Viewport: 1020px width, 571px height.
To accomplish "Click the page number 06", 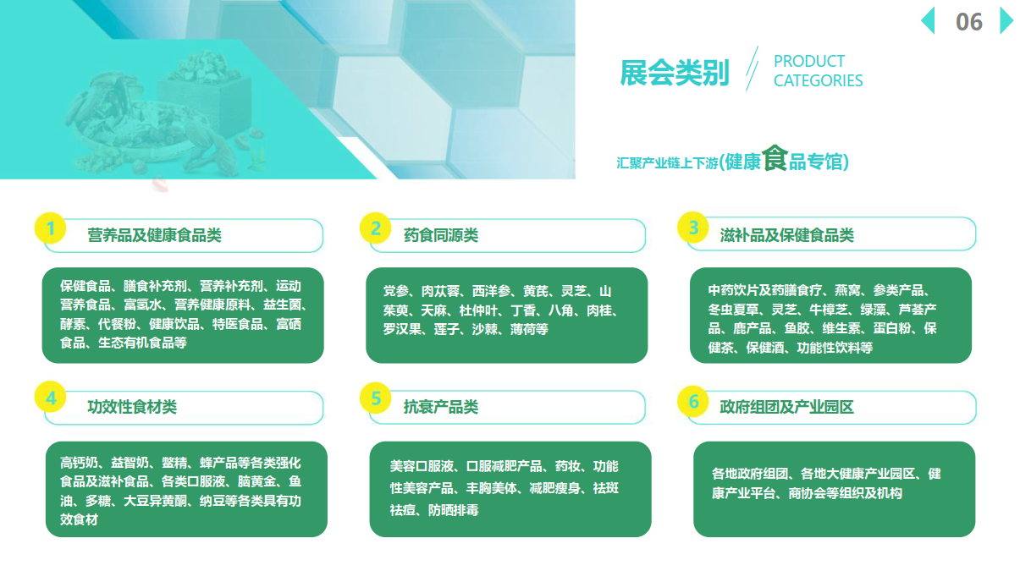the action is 969,22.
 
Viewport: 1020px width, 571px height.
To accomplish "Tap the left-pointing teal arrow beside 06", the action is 929,20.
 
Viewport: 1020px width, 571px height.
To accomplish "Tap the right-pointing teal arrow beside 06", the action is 1006,20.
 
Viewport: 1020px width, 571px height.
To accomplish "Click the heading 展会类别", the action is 675,73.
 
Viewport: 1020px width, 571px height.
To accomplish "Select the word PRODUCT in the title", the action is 809,61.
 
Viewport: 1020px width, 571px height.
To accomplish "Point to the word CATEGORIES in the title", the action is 818,80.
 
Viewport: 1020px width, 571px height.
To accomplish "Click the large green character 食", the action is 775,158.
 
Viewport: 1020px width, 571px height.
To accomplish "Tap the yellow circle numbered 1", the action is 51,228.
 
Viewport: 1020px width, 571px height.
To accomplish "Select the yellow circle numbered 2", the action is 375,228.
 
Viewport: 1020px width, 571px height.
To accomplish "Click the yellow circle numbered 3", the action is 693,227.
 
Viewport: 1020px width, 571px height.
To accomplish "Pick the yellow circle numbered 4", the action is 51,397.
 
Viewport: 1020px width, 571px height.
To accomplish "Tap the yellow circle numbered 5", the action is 375,398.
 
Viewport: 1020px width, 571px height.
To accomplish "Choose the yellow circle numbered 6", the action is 693,401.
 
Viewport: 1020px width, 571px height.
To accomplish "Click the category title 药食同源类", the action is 441,235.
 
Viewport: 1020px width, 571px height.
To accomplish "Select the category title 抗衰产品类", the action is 441,407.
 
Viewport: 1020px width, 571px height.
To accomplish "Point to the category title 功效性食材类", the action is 132,407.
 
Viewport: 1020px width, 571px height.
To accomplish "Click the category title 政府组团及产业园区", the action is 786,407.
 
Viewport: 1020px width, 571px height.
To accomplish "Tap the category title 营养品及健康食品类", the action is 154,235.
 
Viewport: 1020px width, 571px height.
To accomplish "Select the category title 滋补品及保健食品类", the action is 786,235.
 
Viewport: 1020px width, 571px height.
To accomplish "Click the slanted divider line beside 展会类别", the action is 752,69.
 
